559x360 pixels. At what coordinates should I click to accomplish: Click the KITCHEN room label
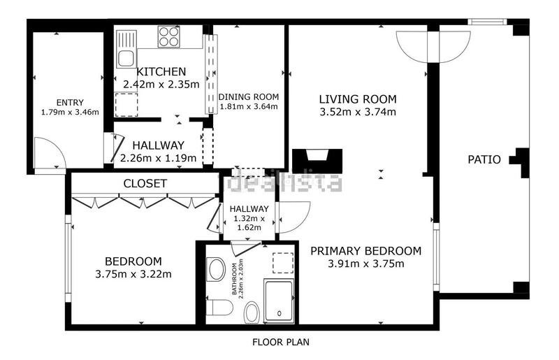click(161, 72)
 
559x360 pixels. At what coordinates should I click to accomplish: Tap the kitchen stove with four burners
click(168, 37)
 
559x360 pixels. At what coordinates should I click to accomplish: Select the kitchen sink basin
click(126, 58)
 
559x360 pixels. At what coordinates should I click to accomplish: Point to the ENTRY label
click(70, 103)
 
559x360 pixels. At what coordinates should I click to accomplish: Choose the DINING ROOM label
click(249, 96)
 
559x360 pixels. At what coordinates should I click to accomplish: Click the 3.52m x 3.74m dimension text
click(358, 112)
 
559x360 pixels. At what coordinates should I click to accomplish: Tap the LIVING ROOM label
click(358, 99)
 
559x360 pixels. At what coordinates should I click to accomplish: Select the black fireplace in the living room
click(317, 161)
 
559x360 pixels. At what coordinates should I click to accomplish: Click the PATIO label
click(484, 159)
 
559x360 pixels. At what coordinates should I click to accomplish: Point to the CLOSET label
click(145, 183)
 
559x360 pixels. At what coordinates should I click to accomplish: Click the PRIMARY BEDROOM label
click(365, 251)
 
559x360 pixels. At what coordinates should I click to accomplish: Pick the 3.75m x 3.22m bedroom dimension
click(133, 274)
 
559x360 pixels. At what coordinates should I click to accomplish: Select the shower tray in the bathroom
click(279, 301)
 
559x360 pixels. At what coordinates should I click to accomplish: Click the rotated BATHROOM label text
click(238, 279)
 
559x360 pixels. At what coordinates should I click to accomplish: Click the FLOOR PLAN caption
click(281, 342)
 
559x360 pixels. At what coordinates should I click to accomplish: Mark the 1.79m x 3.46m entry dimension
click(70, 112)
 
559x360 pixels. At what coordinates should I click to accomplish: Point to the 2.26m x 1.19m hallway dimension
click(159, 158)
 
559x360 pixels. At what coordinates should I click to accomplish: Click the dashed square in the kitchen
click(126, 105)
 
